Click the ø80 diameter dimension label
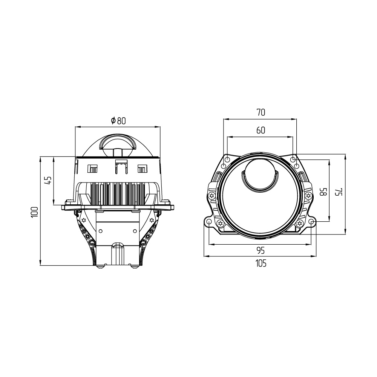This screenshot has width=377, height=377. point(118,121)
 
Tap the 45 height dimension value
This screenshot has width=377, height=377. point(48,180)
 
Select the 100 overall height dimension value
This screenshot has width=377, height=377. point(35,212)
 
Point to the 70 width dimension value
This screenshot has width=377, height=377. point(261,112)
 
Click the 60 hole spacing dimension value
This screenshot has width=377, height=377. point(261,130)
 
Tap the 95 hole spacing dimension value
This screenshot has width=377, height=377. point(261,251)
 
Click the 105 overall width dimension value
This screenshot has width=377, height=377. point(261,264)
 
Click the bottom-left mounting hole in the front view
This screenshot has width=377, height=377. point(209,221)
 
